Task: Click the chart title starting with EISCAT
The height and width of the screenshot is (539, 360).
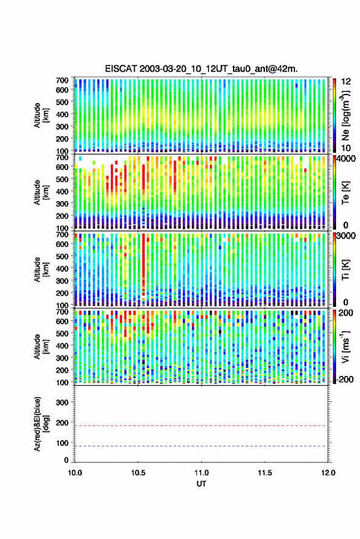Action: click(x=201, y=69)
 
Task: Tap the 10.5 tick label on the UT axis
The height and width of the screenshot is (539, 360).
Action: click(x=138, y=473)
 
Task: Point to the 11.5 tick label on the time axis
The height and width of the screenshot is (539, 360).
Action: click(x=265, y=473)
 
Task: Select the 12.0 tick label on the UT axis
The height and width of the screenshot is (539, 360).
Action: click(x=328, y=473)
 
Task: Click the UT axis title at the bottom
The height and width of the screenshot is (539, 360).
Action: click(x=202, y=484)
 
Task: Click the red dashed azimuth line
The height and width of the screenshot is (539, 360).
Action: click(x=202, y=426)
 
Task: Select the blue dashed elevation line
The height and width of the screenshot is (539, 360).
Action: click(x=202, y=446)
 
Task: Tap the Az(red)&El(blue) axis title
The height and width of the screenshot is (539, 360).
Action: click(x=41, y=424)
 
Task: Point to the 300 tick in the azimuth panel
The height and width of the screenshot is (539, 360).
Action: click(x=62, y=402)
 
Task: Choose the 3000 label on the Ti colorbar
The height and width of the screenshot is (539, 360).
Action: click(x=347, y=236)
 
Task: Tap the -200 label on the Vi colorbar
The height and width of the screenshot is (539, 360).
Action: click(x=345, y=379)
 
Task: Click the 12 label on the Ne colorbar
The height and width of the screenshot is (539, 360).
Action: click(x=347, y=82)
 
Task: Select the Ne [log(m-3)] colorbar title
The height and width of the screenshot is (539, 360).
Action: click(x=345, y=115)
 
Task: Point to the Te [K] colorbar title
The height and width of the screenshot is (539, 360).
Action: click(x=345, y=193)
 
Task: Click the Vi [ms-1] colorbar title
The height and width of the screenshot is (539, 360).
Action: click(x=345, y=346)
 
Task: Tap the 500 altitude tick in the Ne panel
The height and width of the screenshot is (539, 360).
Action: click(x=62, y=102)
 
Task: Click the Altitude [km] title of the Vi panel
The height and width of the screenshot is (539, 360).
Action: click(x=41, y=346)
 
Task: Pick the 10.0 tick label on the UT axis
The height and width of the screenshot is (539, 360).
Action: click(x=75, y=473)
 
